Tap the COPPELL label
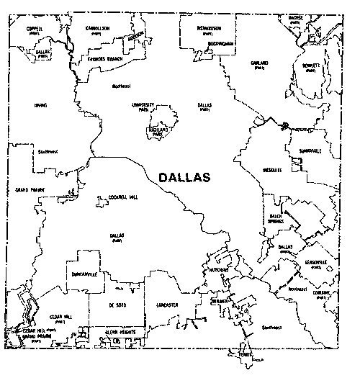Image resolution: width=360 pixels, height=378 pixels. coord(35,28)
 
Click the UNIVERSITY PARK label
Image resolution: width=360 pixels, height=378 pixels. coord(144,107)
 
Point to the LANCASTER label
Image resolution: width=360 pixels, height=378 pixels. coord(166,305)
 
